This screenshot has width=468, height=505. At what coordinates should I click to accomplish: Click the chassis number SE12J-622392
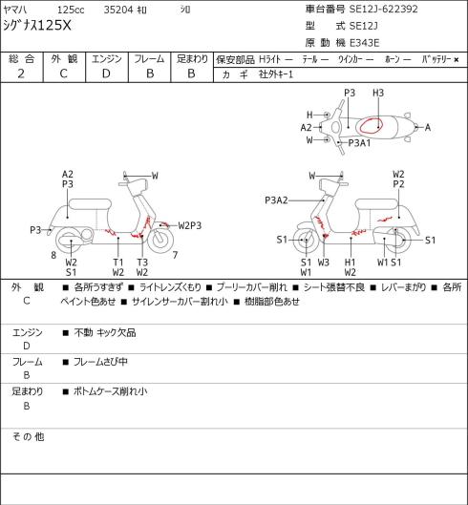(384, 9)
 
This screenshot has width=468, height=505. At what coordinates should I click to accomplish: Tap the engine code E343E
(364, 43)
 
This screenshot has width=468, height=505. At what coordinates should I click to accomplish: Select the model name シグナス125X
(37, 26)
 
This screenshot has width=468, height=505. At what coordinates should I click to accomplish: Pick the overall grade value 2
(21, 74)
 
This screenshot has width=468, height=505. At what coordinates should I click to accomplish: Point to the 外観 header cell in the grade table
(64, 59)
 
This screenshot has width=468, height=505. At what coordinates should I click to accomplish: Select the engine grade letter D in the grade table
(106, 74)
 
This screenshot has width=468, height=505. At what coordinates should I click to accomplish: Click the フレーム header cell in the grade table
(149, 59)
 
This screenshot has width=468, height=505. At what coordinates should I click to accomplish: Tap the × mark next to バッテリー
(457, 60)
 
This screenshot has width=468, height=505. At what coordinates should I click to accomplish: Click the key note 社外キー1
(276, 74)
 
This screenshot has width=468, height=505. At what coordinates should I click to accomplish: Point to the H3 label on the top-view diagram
(378, 94)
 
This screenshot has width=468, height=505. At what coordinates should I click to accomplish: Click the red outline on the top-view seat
(372, 125)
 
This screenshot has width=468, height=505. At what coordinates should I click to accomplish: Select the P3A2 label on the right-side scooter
(276, 200)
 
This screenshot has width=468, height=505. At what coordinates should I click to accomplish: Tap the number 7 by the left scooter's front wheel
(175, 255)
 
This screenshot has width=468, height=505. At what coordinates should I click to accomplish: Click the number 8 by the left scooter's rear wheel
(53, 255)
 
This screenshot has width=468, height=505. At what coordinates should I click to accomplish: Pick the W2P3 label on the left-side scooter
(190, 225)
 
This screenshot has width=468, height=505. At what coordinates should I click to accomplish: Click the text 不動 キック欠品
(105, 332)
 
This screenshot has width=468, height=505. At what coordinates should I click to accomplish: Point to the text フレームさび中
(100, 362)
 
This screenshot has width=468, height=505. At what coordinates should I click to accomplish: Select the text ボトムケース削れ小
(110, 391)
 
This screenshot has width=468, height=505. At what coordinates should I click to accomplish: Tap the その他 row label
(28, 436)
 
